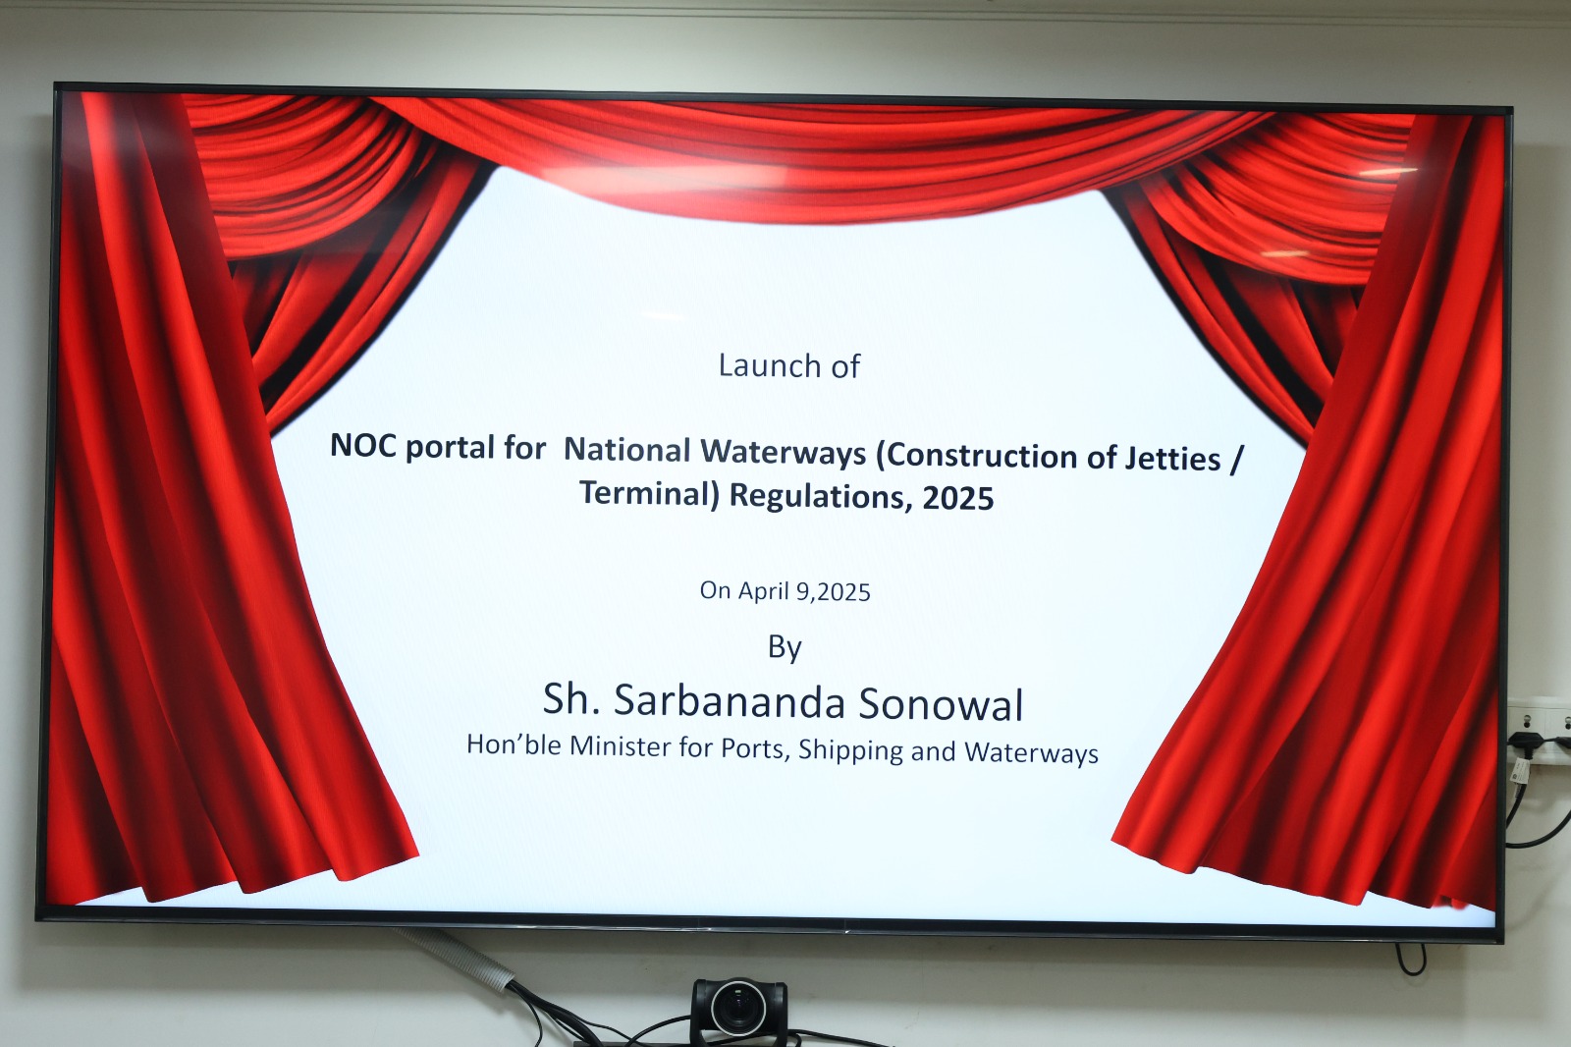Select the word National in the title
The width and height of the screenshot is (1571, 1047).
627,450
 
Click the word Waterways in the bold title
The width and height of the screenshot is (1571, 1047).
785,454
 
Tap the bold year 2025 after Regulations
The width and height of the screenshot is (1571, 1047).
958,498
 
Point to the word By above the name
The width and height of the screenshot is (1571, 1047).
785,647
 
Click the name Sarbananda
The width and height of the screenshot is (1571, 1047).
730,701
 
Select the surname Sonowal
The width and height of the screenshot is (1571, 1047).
942,704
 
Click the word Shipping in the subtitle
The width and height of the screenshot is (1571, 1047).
850,750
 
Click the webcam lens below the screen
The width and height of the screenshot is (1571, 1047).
737,1009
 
